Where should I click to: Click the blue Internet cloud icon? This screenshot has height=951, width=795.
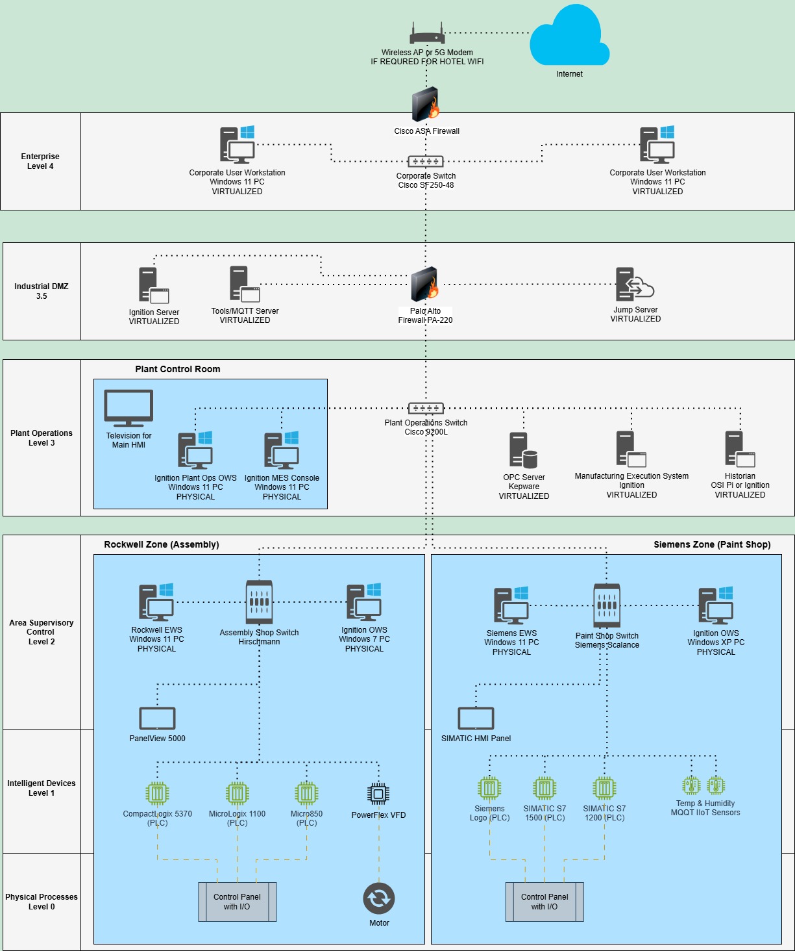click(569, 38)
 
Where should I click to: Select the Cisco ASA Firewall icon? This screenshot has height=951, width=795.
click(426, 105)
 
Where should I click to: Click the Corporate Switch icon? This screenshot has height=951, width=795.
click(426, 161)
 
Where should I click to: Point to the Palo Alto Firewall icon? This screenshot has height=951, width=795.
click(425, 284)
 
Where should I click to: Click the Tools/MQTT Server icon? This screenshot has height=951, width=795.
click(244, 285)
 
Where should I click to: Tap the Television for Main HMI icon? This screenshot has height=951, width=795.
click(128, 409)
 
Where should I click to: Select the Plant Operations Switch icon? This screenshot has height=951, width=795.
click(426, 409)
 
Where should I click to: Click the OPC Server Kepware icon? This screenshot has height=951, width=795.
click(523, 450)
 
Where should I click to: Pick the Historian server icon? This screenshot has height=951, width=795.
click(740, 449)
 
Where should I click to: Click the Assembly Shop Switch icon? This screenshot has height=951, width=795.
click(259, 602)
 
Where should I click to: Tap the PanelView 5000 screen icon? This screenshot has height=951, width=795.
click(157, 718)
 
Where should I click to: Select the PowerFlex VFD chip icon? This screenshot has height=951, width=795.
click(378, 793)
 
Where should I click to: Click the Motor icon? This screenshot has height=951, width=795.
click(379, 898)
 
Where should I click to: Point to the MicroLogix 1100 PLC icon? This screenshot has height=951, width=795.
click(238, 793)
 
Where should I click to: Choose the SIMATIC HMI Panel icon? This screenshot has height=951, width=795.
click(476, 718)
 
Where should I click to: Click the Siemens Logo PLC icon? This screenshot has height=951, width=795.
click(489, 789)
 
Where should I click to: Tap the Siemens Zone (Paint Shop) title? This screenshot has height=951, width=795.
click(712, 544)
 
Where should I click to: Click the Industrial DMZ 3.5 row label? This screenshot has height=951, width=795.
click(42, 291)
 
